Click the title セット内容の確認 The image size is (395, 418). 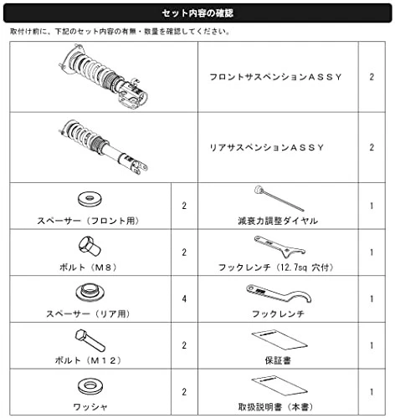pyautogui.click(x=197, y=13)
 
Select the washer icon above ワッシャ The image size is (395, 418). pyautogui.click(x=89, y=387)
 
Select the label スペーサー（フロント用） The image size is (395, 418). pyautogui.click(x=90, y=222)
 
